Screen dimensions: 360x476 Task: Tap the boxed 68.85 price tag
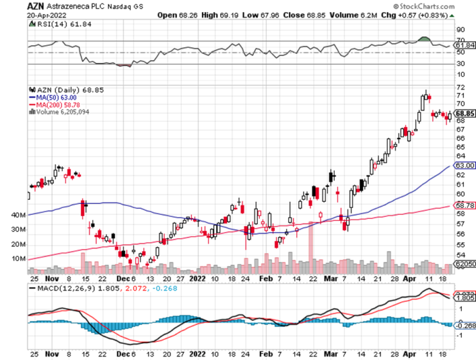tap(466, 114)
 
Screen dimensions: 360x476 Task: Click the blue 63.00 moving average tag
tap(466, 165)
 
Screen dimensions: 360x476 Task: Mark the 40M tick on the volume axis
tap(19, 214)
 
